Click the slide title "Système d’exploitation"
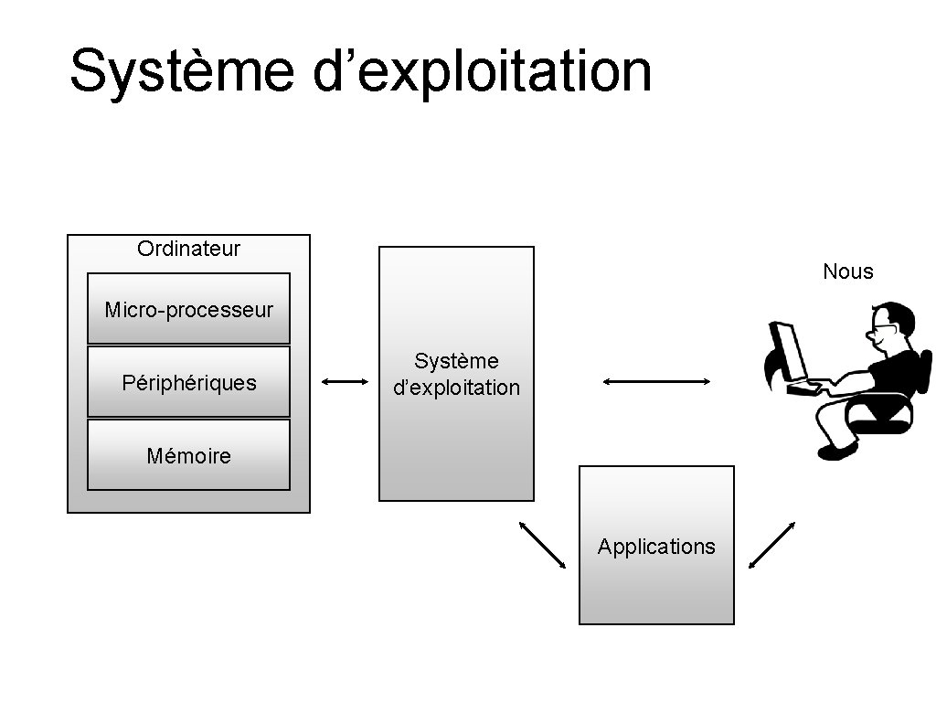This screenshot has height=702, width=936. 360,71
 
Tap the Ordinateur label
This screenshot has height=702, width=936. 188,248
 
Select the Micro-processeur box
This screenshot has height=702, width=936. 188,309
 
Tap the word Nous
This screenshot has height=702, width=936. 847,271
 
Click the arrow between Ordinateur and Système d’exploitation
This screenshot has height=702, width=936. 346,381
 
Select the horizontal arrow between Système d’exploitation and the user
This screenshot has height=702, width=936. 656,381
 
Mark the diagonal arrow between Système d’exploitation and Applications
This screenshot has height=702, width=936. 542,545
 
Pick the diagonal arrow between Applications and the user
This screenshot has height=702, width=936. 771,545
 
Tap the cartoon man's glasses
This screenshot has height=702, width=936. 883,326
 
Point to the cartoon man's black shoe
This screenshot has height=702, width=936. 836,451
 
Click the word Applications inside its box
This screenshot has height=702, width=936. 656,547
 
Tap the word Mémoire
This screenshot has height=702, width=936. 188,455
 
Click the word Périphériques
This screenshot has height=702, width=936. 188,382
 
